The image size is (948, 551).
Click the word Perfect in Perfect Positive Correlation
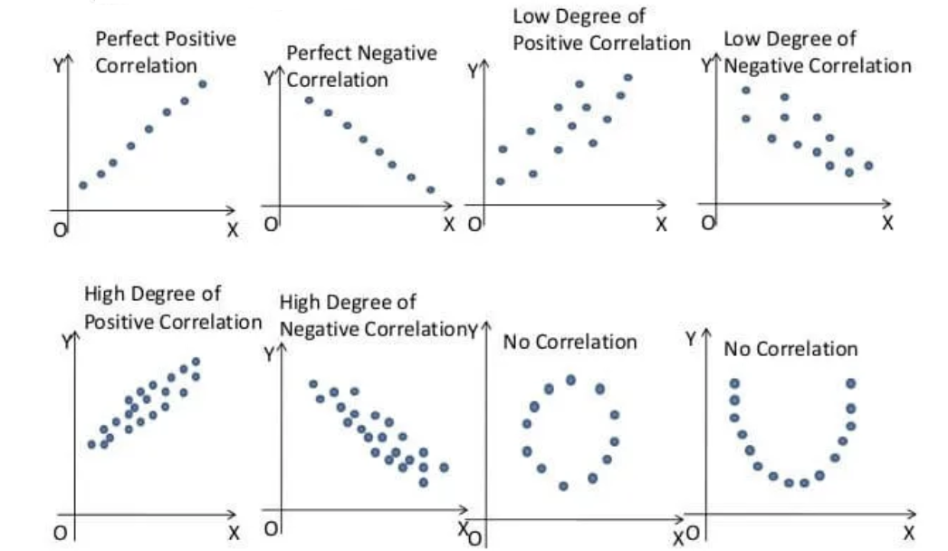pyautogui.click(x=124, y=40)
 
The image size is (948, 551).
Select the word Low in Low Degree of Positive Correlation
pyautogui.click(x=531, y=17)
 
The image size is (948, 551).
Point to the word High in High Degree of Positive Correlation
pyautogui.click(x=105, y=295)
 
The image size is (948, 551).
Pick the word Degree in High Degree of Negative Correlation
pyautogui.click(x=359, y=302)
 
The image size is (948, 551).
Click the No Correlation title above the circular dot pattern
pyautogui.click(x=570, y=343)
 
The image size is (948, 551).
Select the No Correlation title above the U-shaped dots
pyautogui.click(x=790, y=349)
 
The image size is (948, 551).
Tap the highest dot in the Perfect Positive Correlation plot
pyautogui.click(x=202, y=84)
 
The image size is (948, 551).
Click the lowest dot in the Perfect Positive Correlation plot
pyautogui.click(x=83, y=185)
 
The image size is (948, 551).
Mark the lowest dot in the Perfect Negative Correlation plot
pyautogui.click(x=430, y=190)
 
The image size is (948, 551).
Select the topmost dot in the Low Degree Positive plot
pyautogui.click(x=627, y=78)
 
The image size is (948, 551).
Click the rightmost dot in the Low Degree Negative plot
pyautogui.click(x=868, y=166)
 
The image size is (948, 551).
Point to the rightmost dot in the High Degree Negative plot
pyautogui.click(x=444, y=468)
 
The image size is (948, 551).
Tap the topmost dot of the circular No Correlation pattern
pyautogui.click(x=570, y=380)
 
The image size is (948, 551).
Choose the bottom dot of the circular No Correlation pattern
pyautogui.click(x=563, y=486)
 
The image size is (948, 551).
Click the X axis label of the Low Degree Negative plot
pyautogui.click(x=887, y=222)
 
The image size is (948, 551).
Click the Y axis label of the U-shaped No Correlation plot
pyautogui.click(x=691, y=339)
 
